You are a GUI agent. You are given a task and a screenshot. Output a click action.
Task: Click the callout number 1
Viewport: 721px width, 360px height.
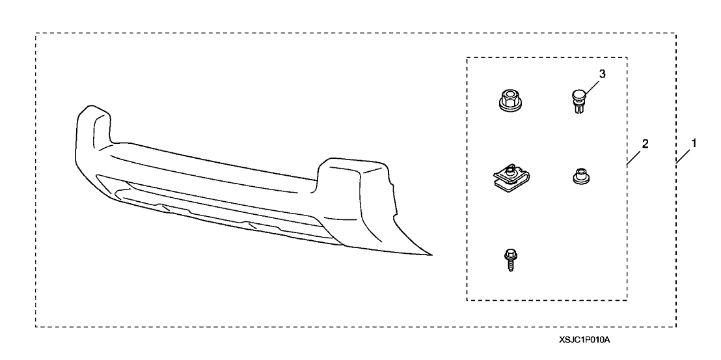point(694,143)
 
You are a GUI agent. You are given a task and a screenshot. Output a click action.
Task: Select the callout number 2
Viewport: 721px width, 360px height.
point(645,144)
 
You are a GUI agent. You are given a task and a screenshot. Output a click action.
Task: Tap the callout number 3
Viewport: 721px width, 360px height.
point(603,74)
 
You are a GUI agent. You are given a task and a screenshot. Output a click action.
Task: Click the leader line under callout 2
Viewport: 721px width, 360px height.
point(634,157)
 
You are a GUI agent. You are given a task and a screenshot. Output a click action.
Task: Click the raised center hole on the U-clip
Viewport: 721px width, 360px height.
point(509,171)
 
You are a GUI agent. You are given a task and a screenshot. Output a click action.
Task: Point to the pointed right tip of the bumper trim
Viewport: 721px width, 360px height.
point(431,255)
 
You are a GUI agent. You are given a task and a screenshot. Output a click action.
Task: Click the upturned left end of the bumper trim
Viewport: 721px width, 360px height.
point(92,126)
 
